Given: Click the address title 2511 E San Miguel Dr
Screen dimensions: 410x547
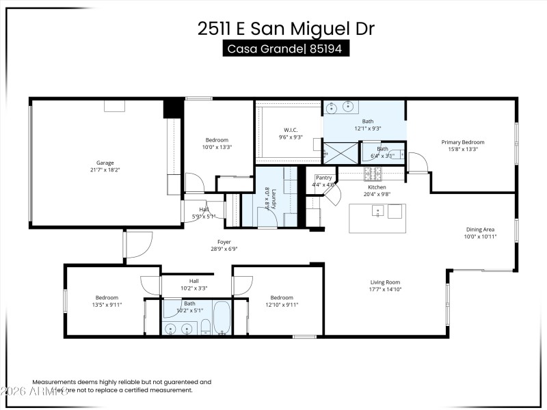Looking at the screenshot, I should pos(286,28).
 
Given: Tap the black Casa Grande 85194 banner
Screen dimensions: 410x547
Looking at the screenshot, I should pos(286,49).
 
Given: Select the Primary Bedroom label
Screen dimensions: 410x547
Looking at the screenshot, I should pos(467,142).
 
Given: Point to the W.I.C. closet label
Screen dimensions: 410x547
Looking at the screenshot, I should pos(290,130).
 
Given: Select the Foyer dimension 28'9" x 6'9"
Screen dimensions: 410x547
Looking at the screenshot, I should pos(224,249).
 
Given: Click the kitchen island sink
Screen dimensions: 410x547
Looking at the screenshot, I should pos(377,212).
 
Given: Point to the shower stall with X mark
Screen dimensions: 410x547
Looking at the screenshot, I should pos(340,152).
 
